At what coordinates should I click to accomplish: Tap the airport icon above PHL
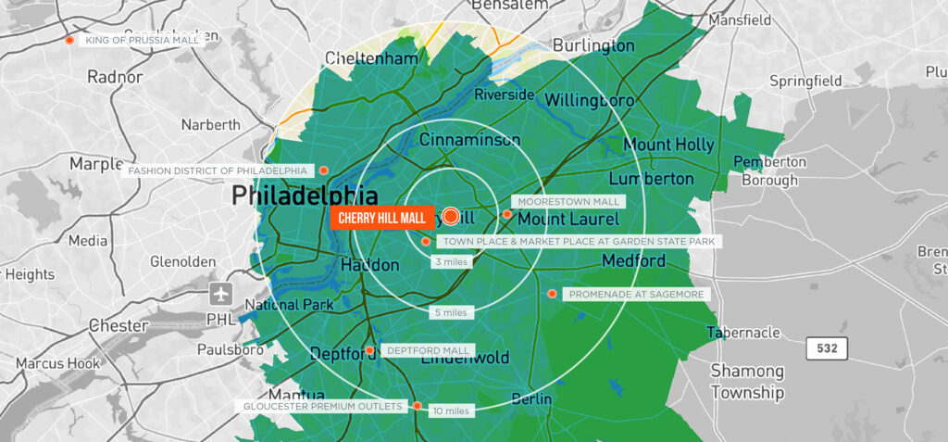pyautogui.click(x=220, y=295)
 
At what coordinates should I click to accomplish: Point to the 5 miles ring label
pyautogui.click(x=454, y=312)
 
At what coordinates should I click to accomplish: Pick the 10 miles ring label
pyautogui.click(x=451, y=410)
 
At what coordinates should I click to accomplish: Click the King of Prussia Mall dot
pyautogui.click(x=69, y=40)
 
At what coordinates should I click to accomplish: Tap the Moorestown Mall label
pyautogui.click(x=568, y=201)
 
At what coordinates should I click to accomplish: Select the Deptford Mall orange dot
pyautogui.click(x=369, y=350)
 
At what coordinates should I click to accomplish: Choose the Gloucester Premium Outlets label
pyautogui.click(x=323, y=407)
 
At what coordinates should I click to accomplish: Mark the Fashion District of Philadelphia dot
pyautogui.click(x=323, y=170)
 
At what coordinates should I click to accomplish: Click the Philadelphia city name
pyautogui.click(x=305, y=196)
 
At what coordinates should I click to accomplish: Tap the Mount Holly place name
pyautogui.click(x=668, y=145)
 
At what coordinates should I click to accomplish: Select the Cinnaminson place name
pyautogui.click(x=469, y=140)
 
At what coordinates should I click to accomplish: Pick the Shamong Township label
pyautogui.click(x=747, y=382)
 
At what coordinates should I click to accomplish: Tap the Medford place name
pyautogui.click(x=633, y=261)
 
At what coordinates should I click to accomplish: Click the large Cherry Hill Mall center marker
pyautogui.click(x=451, y=217)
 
